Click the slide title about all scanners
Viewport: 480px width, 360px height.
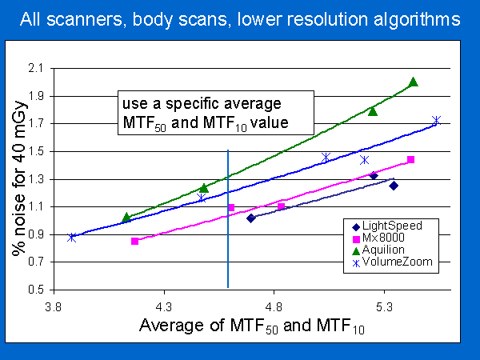(240, 19)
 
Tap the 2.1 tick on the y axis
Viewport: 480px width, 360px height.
(35, 68)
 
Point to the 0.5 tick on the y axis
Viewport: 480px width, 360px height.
(35, 290)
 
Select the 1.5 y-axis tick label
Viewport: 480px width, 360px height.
(35, 151)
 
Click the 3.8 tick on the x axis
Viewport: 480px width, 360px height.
(54, 306)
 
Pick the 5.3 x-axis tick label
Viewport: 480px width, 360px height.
(384, 306)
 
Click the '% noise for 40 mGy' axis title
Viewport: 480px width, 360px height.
(19, 178)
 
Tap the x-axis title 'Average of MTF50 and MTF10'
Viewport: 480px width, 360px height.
(252, 326)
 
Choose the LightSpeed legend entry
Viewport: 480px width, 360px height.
(387, 226)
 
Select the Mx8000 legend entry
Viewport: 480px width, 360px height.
(378, 238)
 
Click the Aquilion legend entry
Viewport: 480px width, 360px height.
(378, 250)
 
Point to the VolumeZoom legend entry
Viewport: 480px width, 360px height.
(393, 262)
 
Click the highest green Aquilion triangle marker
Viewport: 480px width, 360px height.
(414, 82)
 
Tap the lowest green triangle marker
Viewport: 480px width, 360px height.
(126, 218)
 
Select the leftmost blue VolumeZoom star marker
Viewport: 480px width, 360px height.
(72, 238)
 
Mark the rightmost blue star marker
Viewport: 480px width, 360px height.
(436, 120)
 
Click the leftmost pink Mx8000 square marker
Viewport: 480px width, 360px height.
(134, 242)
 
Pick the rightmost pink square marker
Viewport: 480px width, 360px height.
(411, 159)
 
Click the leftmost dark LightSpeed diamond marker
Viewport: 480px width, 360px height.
(250, 218)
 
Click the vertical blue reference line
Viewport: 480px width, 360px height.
(228, 218)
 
